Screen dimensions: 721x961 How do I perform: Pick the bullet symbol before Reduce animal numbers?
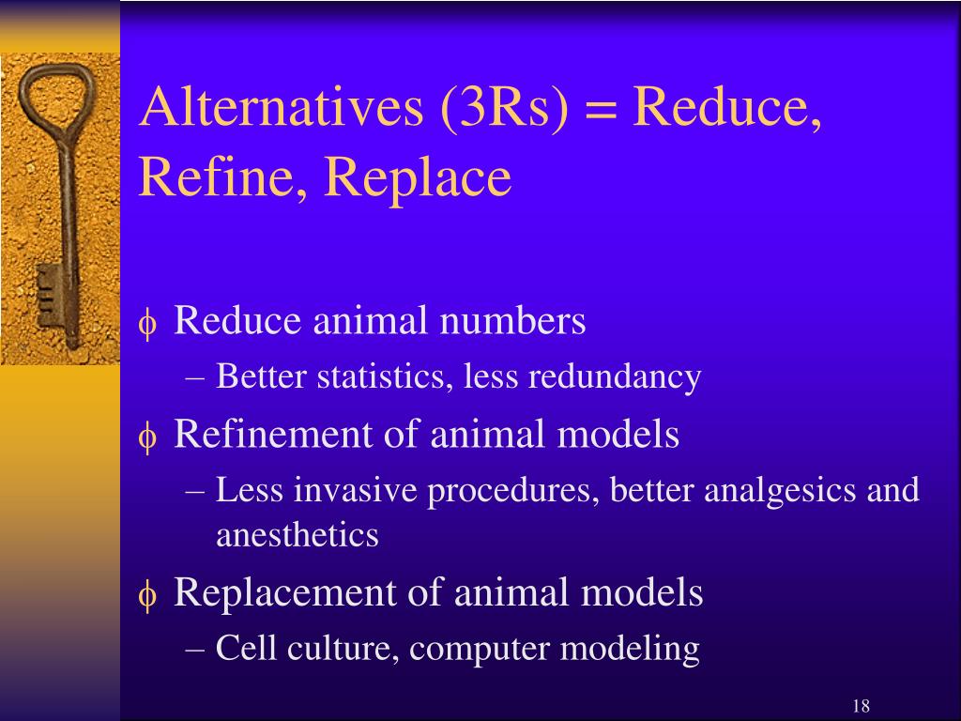pyautogui.click(x=147, y=325)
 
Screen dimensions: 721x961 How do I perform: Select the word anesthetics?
pyautogui.click(x=297, y=536)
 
